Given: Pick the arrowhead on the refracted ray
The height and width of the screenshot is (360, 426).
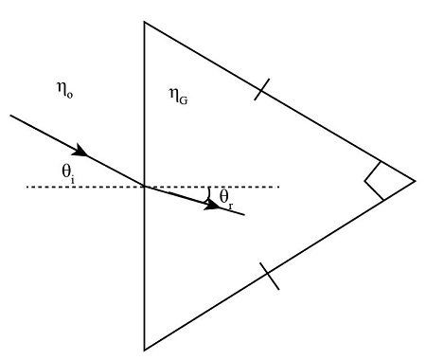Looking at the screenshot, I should pos(217,206).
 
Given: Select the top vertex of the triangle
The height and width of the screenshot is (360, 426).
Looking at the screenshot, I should pos(144,21).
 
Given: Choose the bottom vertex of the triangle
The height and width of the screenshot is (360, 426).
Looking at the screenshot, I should pos(144,349).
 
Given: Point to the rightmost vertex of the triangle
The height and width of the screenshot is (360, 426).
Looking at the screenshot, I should pos(415,180).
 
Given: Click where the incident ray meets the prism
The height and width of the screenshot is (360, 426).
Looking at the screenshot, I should pos(144,186).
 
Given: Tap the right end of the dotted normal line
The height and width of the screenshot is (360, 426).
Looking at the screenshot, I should pos(279,187).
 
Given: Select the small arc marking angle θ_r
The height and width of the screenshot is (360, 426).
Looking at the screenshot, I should pos(209,193).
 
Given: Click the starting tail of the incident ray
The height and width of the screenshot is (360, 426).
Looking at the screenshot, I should pos(10,117).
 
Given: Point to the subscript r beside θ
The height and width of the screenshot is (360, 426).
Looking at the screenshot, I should pos(230,203).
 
